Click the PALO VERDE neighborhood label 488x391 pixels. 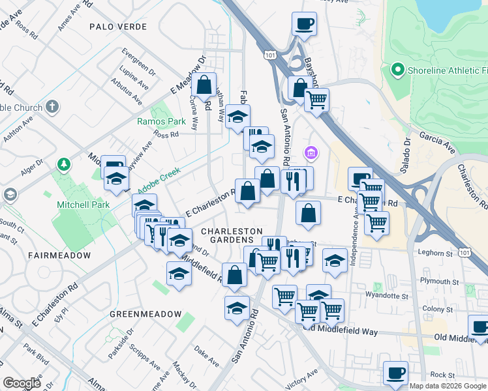point(118,27)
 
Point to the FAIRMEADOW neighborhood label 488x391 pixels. point(59,255)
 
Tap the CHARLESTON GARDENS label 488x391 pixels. point(232,237)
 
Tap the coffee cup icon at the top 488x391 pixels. point(304,25)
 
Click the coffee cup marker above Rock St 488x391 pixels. point(395,373)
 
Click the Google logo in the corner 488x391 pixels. point(22,383)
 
